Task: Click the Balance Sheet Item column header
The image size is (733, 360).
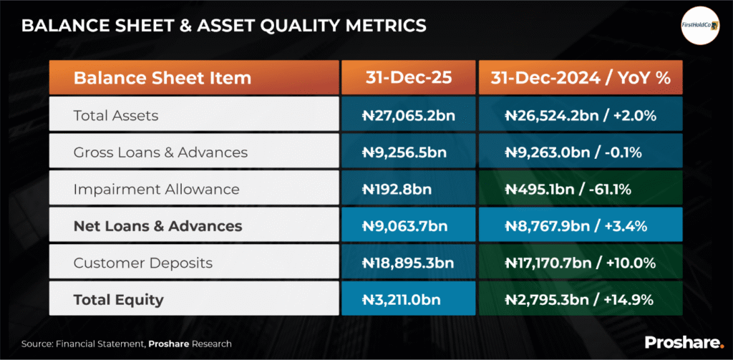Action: [x=162, y=78]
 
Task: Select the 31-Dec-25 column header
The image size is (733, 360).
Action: [x=407, y=78]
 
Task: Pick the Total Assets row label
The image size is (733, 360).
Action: [x=116, y=115]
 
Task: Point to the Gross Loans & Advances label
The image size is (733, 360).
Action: [x=160, y=152]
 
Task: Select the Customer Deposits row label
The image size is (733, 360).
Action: [x=143, y=263]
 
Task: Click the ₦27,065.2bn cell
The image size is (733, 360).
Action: [x=407, y=115]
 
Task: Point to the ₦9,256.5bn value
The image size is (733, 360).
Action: [x=407, y=152]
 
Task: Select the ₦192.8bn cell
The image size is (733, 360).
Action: [x=407, y=190]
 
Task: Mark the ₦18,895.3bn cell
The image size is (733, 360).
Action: [x=407, y=263]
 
